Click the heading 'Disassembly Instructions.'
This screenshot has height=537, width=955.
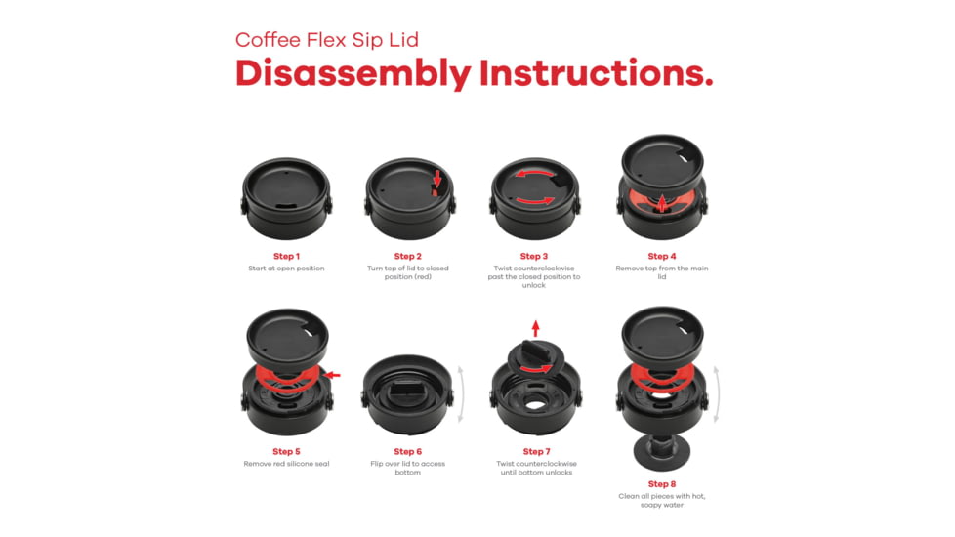point(474,74)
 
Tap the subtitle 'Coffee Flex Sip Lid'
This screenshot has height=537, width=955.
point(327,40)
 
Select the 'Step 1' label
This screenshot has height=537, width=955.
point(286,257)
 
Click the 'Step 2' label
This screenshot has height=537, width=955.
point(407,257)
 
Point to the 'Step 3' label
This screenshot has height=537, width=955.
point(533,257)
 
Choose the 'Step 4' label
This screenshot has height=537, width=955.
point(661,257)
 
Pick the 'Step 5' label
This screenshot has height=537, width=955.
point(286,452)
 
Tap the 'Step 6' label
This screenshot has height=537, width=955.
point(407,452)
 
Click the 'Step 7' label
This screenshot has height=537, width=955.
point(536,452)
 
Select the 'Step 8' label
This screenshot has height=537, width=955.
point(661,484)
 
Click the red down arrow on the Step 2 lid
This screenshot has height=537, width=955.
point(437,179)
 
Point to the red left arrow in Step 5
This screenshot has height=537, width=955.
point(332,375)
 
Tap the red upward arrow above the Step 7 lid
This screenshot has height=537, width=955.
point(535,328)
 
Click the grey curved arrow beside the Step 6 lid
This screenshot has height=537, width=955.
point(461,394)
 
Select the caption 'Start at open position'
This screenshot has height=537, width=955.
point(286,268)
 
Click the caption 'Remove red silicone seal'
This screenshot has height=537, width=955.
point(286,464)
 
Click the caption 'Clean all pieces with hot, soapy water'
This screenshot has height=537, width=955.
point(661,501)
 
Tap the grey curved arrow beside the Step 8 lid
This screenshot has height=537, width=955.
point(717,394)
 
